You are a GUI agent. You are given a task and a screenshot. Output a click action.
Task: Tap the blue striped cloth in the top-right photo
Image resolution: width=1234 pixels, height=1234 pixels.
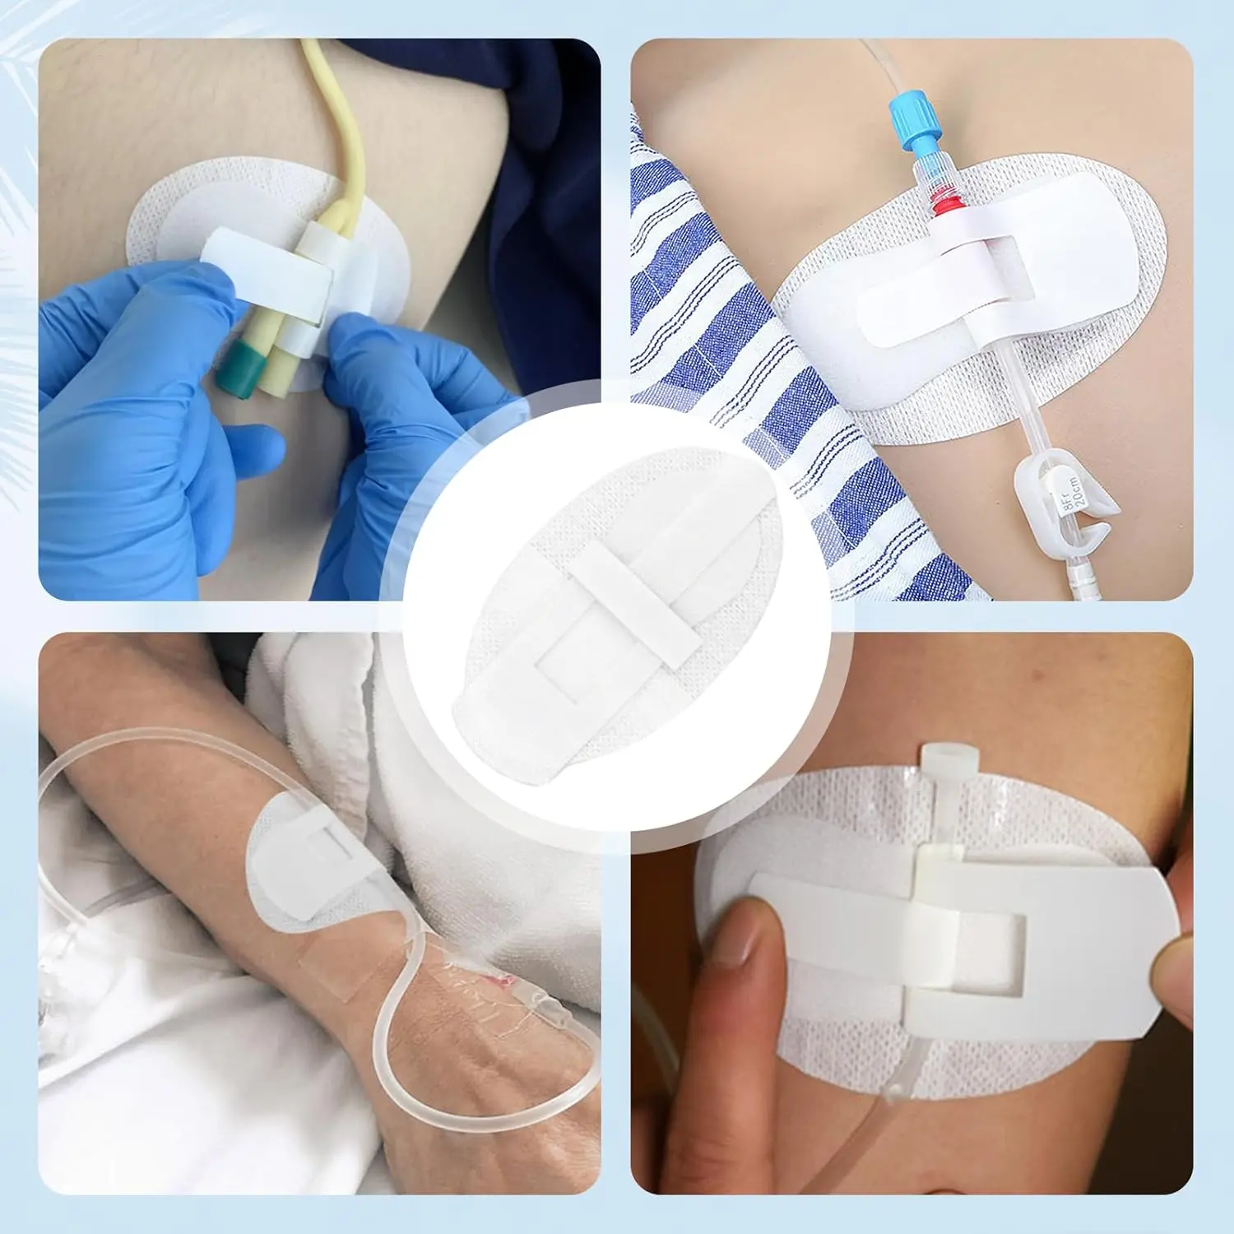724,329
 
